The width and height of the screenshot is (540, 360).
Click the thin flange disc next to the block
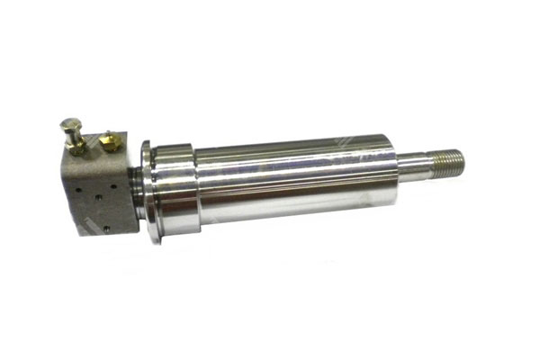click(x=146, y=193)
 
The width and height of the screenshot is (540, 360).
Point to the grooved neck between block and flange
click(x=134, y=191)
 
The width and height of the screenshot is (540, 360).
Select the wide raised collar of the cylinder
click(x=175, y=189)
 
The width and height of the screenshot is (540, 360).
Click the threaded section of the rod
click(x=447, y=162)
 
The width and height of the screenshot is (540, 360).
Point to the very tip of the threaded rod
click(x=464, y=160)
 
